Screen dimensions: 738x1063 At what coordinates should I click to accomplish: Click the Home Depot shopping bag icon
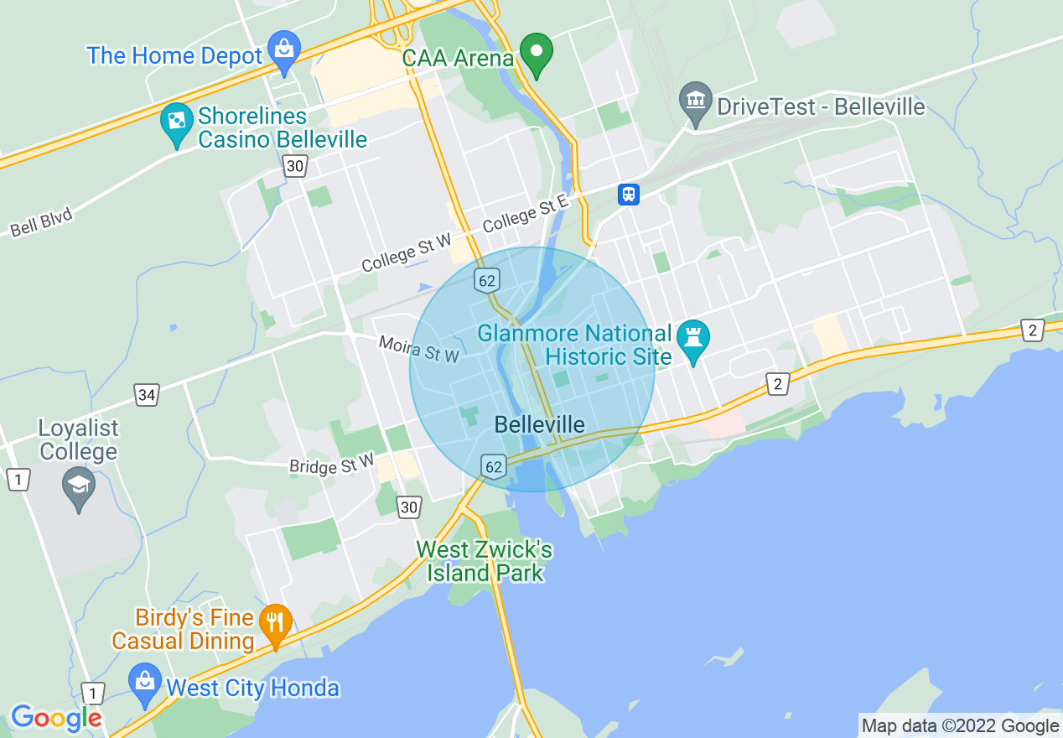284,52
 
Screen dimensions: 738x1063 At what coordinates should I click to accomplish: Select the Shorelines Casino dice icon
177,124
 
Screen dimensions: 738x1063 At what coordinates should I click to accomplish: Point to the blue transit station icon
628,195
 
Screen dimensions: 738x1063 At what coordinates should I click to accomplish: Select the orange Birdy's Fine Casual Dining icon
275,624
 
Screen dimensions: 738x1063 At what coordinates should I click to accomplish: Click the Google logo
56,718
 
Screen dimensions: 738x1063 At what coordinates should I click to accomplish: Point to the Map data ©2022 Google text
960,726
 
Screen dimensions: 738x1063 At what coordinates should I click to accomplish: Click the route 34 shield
147,394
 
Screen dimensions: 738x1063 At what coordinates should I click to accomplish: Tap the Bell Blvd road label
42,222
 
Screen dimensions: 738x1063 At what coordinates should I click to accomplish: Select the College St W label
407,253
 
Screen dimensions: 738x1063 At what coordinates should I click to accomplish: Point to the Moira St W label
419,348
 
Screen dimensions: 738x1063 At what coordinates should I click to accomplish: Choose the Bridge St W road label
332,464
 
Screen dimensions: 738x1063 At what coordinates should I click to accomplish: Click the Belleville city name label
539,424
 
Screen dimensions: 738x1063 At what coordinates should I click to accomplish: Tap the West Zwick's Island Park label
485,561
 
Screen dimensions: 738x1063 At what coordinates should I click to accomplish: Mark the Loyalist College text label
78,439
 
